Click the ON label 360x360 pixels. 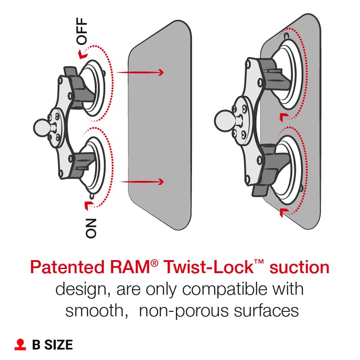pos(90,228)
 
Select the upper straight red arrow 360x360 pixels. pos(140,72)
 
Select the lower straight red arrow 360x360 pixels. pos(143,182)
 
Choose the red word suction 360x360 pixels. pos(299,268)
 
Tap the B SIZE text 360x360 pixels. pos(52,345)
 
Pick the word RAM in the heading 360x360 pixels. pos(135,268)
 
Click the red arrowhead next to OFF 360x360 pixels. pos(81,54)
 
